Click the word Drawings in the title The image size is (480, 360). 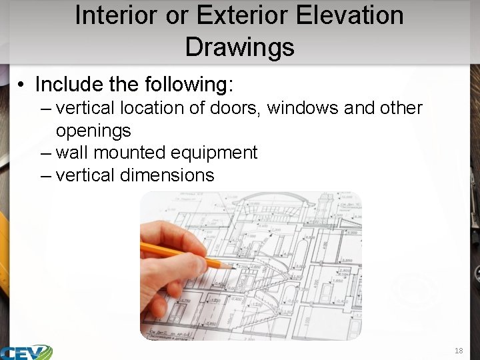tap(239, 47)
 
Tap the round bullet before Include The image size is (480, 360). tap(22, 85)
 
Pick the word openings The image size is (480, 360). tap(93, 130)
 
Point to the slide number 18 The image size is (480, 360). tap(459, 351)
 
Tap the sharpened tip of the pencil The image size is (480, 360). tap(229, 267)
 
